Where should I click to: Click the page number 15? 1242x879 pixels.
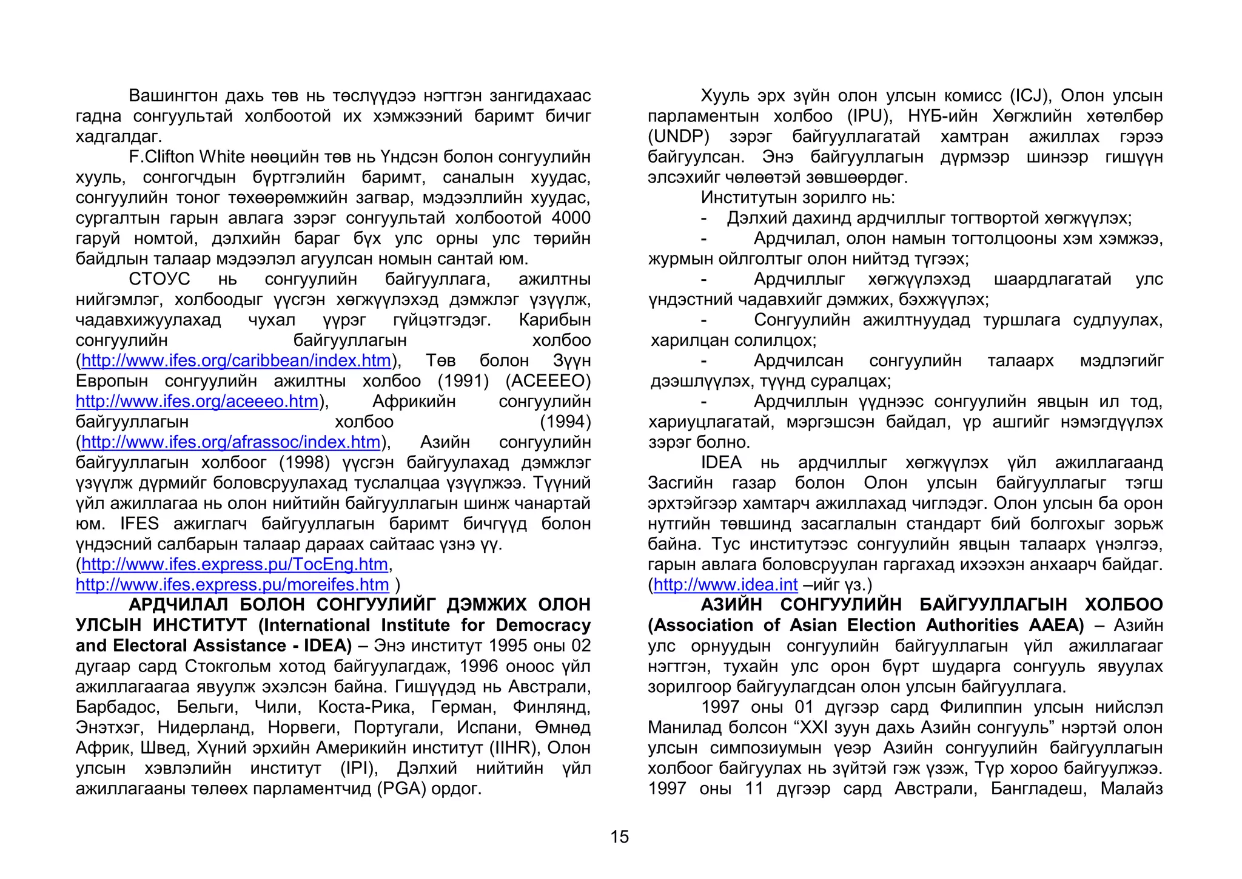point(619,837)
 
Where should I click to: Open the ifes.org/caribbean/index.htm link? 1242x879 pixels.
point(236,361)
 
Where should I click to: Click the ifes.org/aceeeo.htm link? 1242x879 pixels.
point(197,402)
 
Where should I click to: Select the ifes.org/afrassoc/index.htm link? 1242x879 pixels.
point(230,442)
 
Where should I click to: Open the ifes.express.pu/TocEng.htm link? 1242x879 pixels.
point(235,565)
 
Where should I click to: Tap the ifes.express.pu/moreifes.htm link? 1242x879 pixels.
point(232,585)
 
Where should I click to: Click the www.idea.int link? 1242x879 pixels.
point(725,585)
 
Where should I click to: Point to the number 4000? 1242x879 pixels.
point(571,218)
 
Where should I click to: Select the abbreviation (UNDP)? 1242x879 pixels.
point(679,136)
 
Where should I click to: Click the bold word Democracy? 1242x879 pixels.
point(543,625)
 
